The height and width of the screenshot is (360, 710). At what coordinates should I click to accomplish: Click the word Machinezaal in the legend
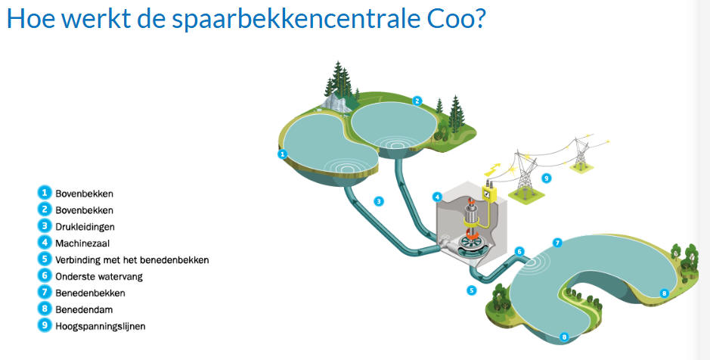click(x=82, y=244)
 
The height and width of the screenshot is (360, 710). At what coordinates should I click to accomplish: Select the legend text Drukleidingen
click(x=85, y=227)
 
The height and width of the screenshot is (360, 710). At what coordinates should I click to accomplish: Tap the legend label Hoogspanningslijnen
click(x=101, y=326)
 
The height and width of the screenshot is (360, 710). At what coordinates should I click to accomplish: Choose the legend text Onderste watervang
click(x=99, y=276)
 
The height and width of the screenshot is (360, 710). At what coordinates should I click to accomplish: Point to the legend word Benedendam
click(x=84, y=310)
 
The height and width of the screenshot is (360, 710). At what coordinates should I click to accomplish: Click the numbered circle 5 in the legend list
click(x=45, y=259)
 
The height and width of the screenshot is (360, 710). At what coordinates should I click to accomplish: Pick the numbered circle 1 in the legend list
click(x=45, y=193)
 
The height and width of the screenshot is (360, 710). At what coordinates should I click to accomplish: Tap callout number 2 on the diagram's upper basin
click(x=417, y=101)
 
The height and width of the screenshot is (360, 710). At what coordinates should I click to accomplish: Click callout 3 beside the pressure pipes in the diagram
click(x=379, y=201)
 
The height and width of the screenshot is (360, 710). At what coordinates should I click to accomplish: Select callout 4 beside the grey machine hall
click(x=437, y=197)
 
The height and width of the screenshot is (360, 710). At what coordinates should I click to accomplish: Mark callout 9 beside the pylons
click(x=547, y=178)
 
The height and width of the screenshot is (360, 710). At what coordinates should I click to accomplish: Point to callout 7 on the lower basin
click(x=557, y=243)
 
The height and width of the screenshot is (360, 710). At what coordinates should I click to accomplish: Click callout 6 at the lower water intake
click(x=519, y=252)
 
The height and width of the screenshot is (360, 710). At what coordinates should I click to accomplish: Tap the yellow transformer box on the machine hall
click(x=488, y=193)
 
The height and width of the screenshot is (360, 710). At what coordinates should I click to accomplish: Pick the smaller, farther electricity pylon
click(x=581, y=152)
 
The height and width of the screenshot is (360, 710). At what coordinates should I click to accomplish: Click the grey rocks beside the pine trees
click(x=336, y=102)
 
